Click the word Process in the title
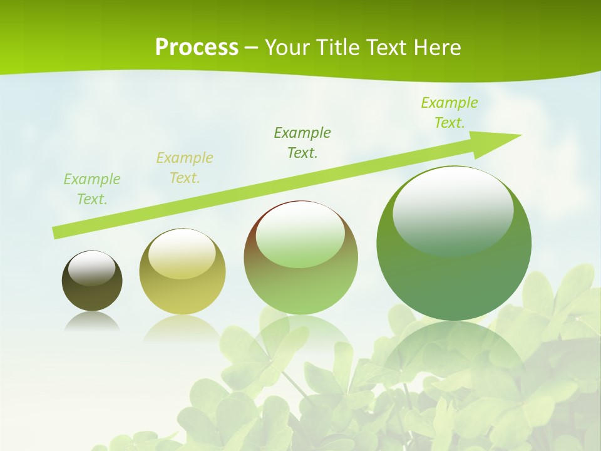click(x=197, y=48)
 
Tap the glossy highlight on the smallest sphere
click(x=91, y=268)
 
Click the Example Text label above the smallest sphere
click(x=91, y=189)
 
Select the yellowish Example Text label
click(x=184, y=167)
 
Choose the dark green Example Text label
click(x=302, y=142)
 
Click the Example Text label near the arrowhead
click(x=449, y=112)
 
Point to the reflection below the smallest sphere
click(x=92, y=322)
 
